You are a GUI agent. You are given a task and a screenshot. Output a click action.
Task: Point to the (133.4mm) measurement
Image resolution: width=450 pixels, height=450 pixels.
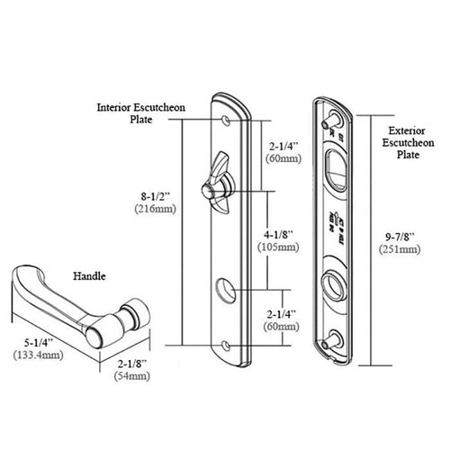(37, 355)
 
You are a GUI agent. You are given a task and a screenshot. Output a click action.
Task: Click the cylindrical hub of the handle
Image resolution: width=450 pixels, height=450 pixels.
(129, 317)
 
